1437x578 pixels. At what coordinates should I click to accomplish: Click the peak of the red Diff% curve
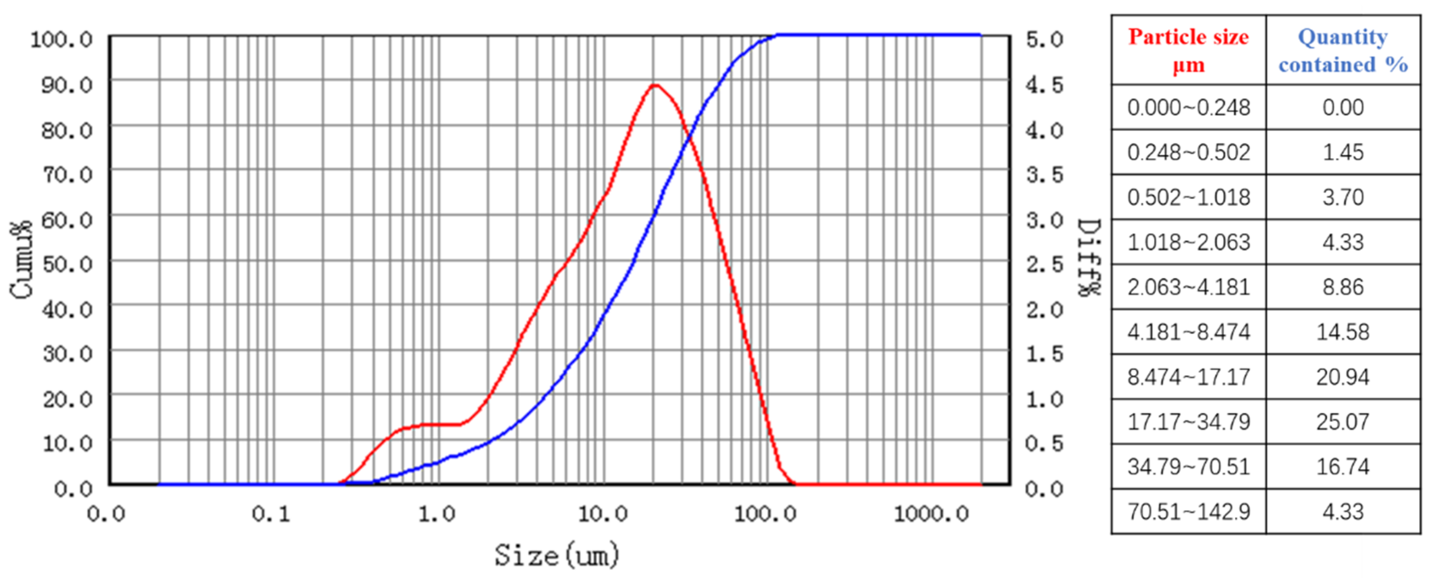[x=655, y=85]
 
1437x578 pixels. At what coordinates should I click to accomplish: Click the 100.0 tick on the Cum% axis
[x=61, y=40]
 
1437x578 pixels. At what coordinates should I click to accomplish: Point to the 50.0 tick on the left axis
[x=68, y=264]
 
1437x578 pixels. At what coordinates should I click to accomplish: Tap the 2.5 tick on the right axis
[x=1044, y=264]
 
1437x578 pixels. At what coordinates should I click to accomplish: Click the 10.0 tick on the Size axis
[x=602, y=513]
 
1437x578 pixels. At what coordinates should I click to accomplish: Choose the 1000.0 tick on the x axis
[x=931, y=513]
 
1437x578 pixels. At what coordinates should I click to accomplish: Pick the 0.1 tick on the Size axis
[x=271, y=513]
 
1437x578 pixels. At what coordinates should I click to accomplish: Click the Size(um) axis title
[x=557, y=555]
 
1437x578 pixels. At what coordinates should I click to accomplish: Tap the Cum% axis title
[x=21, y=260]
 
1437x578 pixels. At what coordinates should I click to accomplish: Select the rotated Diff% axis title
[x=1090, y=258]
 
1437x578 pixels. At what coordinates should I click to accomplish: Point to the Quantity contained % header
[x=1343, y=51]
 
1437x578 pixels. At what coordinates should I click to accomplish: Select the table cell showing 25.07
[x=1343, y=422]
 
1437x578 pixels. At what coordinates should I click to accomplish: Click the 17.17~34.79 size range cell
[x=1189, y=422]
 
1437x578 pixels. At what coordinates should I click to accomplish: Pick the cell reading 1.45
[x=1343, y=152]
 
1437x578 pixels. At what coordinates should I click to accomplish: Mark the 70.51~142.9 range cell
[x=1189, y=512]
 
